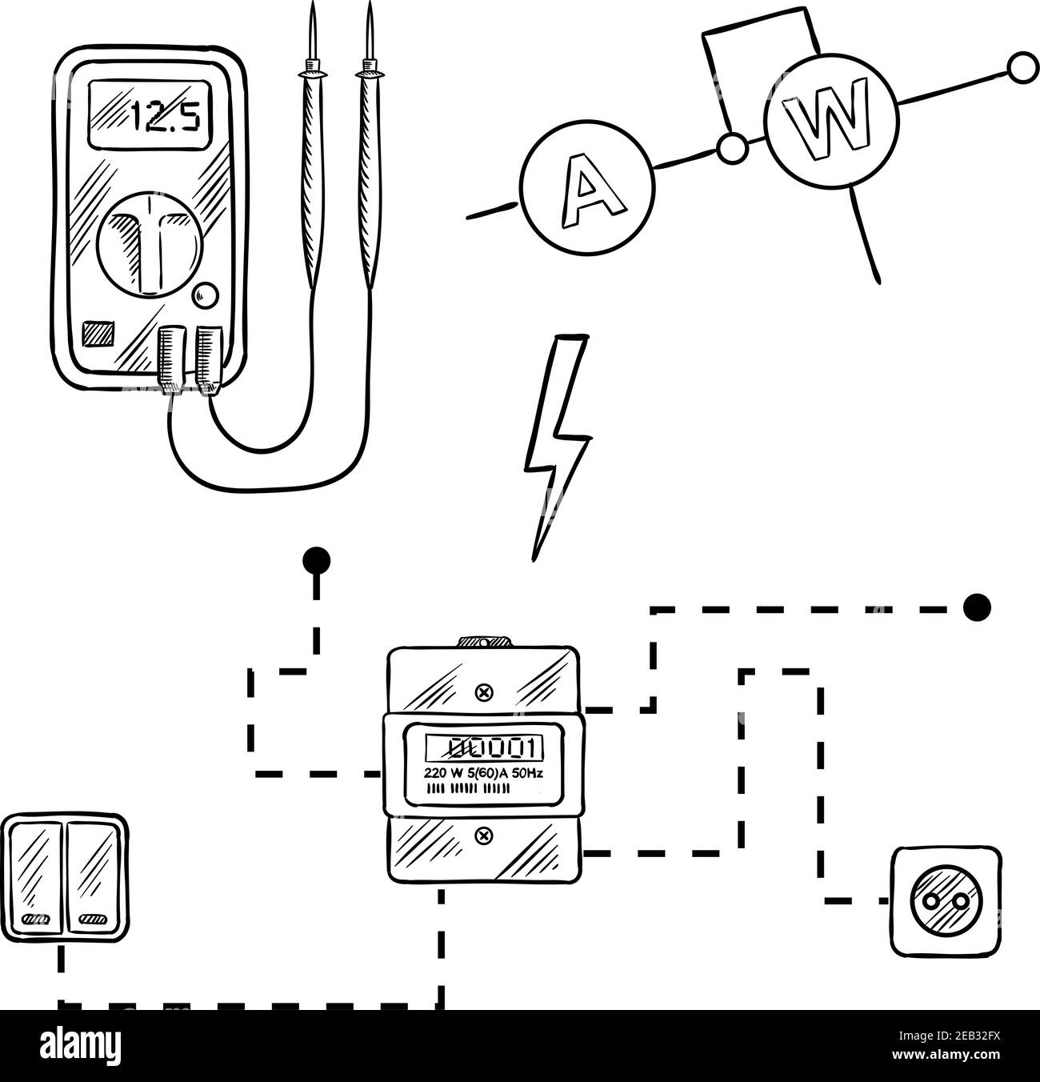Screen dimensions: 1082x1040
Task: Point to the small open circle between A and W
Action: pyautogui.click(x=731, y=148)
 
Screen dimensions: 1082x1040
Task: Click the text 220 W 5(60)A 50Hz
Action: pyautogui.click(x=483, y=774)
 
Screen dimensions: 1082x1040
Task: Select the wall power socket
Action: pyautogui.click(x=945, y=901)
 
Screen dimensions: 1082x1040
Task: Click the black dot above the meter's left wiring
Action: pyautogui.click(x=318, y=559)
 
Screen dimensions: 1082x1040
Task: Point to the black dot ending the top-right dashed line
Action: pyautogui.click(x=976, y=608)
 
